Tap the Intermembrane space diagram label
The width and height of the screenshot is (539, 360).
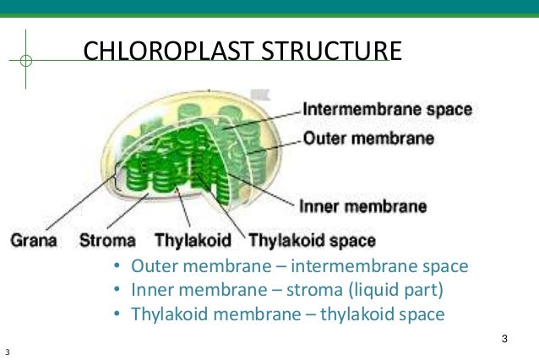coord(387,109)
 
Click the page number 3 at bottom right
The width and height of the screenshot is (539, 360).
coord(504,339)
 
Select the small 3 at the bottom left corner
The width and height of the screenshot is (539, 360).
coord(7,352)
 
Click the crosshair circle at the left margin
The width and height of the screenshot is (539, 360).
coord(26,61)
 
